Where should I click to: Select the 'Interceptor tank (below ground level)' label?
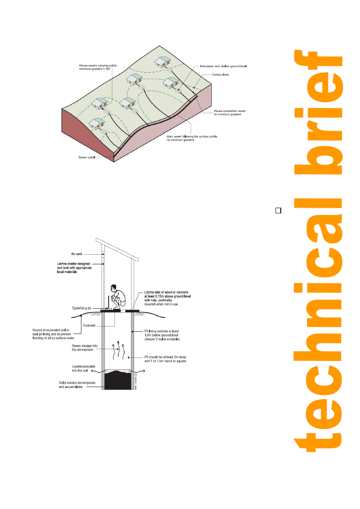pyautogui.click(x=223, y=66)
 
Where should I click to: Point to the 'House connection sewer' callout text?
pyautogui.click(x=230, y=113)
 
